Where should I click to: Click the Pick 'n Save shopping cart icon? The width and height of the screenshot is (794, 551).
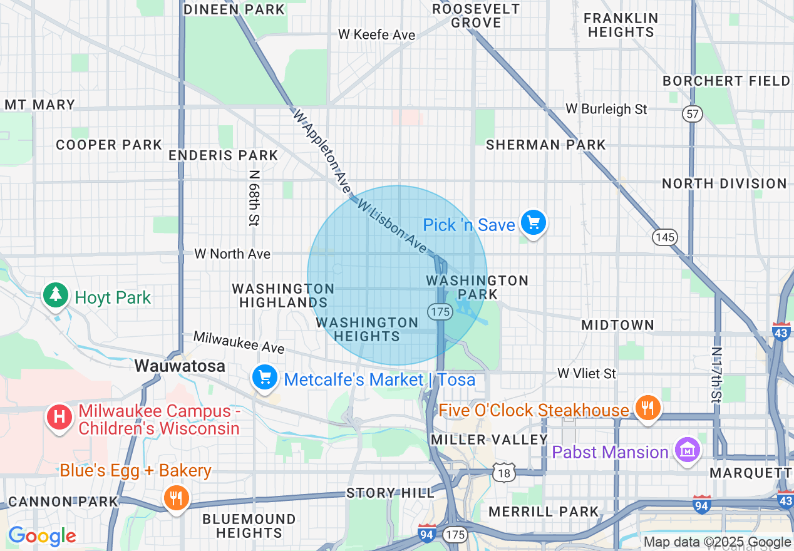click(534, 223)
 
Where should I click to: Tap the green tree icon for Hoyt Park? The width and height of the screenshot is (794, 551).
click(56, 295)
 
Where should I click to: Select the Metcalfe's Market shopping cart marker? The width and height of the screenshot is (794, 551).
click(265, 378)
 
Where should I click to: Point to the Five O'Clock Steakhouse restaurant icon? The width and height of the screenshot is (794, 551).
click(646, 408)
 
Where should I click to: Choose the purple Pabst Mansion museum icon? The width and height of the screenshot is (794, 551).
click(686, 450)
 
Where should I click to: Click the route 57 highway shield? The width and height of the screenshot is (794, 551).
click(693, 114)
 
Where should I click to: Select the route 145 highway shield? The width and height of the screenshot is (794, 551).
click(664, 237)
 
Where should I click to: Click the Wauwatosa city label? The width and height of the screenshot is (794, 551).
click(180, 366)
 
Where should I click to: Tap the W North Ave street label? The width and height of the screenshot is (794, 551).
click(232, 254)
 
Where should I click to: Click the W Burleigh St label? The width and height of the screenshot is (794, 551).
click(606, 109)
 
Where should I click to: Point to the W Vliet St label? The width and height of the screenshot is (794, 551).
click(587, 374)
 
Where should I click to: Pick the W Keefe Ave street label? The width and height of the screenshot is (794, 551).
click(376, 34)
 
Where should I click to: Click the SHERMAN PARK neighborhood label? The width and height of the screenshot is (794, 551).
click(546, 145)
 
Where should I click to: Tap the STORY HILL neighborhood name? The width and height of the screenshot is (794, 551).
click(390, 493)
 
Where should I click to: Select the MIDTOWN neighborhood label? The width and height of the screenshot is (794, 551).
click(617, 325)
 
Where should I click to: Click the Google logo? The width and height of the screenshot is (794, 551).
click(42, 536)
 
